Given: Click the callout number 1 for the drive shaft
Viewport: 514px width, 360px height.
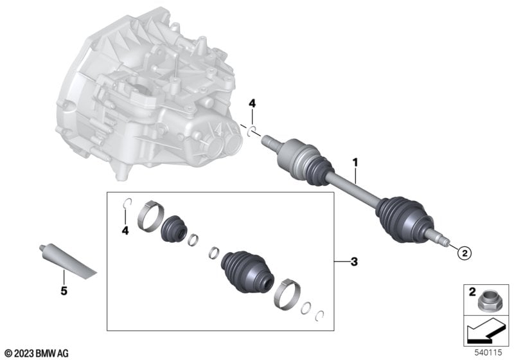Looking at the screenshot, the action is (356, 162).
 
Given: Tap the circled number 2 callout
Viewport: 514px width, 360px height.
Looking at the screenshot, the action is (465, 253).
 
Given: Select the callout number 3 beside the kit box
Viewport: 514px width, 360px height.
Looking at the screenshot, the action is (354, 262).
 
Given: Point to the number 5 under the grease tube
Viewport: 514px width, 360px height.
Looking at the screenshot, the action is (64, 291).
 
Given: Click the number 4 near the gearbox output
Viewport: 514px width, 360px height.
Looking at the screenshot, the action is (252, 104).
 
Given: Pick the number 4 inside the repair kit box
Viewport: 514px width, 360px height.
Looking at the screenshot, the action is (125, 231).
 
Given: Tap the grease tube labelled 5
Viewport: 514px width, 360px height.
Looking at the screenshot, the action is (67, 261).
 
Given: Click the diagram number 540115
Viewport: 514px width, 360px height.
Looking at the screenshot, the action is (488, 352).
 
